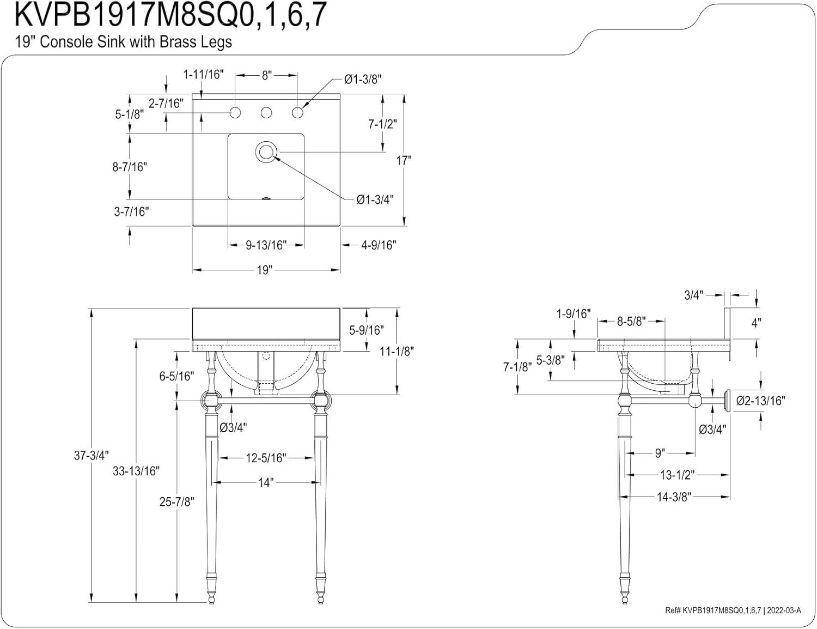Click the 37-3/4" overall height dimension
[x=92, y=456]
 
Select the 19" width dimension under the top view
[x=264, y=270]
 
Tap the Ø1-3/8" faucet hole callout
[x=363, y=80]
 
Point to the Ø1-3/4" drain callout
[x=375, y=199]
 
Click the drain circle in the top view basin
[x=266, y=152]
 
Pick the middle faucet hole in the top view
[x=266, y=113]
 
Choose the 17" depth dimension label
[x=404, y=160]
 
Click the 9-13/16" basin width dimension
[x=266, y=245]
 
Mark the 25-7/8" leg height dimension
[x=176, y=501]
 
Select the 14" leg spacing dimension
[x=265, y=482]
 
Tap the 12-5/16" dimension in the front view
[x=265, y=458]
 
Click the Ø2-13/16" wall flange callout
[x=760, y=401]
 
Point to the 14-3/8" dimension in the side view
[x=674, y=497]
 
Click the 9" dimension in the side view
[x=660, y=452]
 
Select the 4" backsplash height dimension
[x=756, y=323]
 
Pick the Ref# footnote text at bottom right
[x=733, y=610]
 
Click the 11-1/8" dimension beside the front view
[x=397, y=352]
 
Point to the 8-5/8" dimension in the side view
[x=631, y=322]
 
